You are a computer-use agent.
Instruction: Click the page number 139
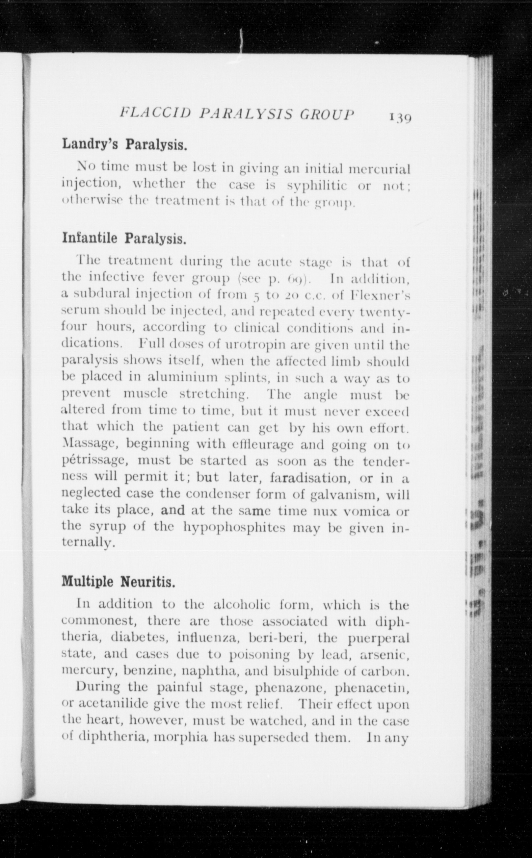click(x=400, y=117)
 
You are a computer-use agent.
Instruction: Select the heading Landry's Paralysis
click(x=124, y=144)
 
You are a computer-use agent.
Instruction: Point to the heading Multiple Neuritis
click(x=118, y=582)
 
